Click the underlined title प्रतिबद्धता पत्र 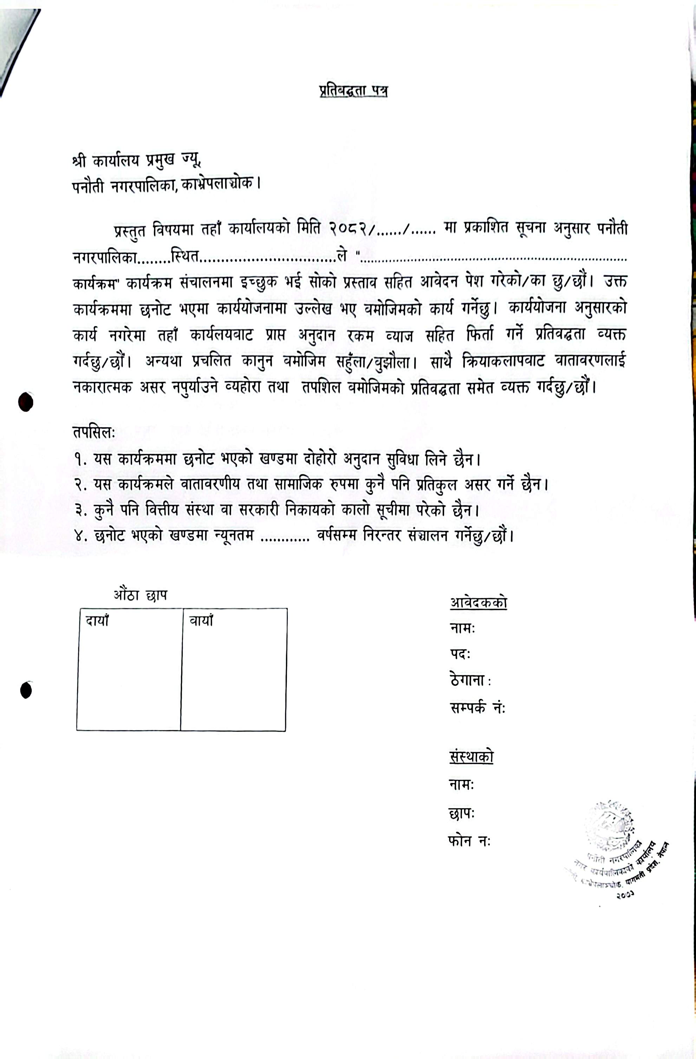click(353, 91)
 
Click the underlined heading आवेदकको click(478, 603)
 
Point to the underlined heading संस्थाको click(471, 757)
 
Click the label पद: click(460, 654)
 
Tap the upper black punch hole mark click(26, 402)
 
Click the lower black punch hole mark click(26, 691)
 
